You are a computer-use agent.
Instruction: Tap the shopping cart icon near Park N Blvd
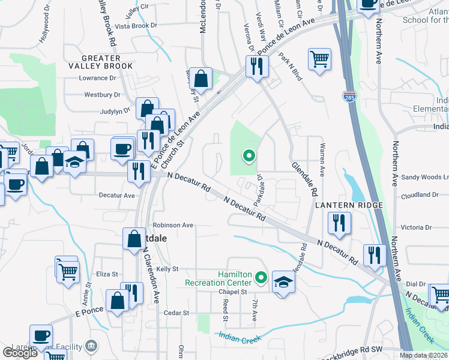[320, 59]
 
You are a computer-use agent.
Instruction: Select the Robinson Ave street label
[173, 225]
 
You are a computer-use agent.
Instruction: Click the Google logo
[20, 353]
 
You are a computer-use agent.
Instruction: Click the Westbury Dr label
[102, 95]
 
